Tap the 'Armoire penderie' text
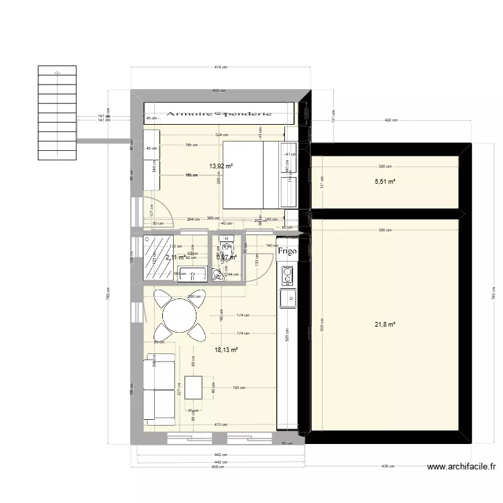[x=220, y=114]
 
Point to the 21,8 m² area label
[x=384, y=325]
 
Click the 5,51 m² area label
[x=384, y=181]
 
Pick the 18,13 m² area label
[x=226, y=349]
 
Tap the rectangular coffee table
[x=193, y=389]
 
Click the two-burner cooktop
[x=288, y=274]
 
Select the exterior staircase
[x=58, y=113]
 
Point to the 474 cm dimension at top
[x=220, y=66]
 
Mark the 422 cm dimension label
[x=391, y=120]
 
